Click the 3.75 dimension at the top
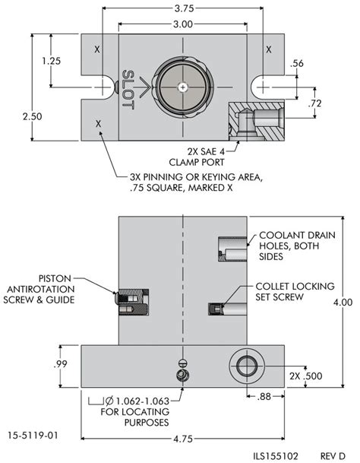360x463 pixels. click(x=182, y=11)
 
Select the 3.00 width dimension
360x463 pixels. click(x=182, y=25)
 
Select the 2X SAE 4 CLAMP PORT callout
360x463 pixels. click(x=215, y=157)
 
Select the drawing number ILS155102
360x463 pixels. click(x=279, y=455)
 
